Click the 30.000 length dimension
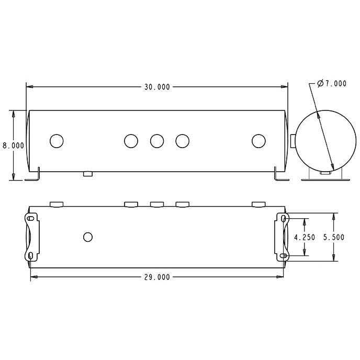pyautogui.click(x=157, y=87)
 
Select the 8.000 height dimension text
pyautogui.click(x=13, y=145)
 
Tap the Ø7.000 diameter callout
pyautogui.click(x=332, y=84)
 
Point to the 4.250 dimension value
pyautogui.click(x=305, y=237)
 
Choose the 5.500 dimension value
pyautogui.click(x=334, y=237)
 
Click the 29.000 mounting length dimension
pyautogui.click(x=157, y=277)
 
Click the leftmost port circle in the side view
pyautogui.click(x=57, y=141)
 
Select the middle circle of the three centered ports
pyautogui.click(x=157, y=141)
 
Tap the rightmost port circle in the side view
pyautogui.click(x=258, y=141)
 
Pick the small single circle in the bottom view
pyautogui.click(x=88, y=237)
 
